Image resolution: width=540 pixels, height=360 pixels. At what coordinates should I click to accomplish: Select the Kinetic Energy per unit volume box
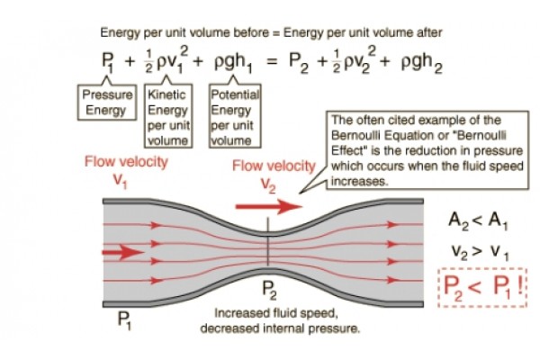click(166, 116)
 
